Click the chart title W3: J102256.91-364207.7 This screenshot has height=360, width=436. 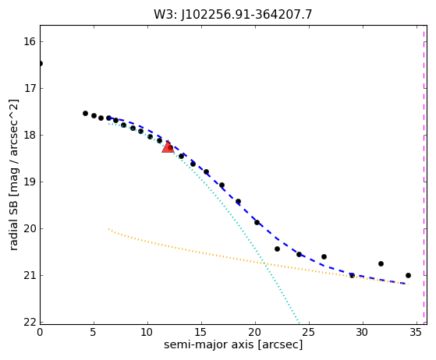pos(233,14)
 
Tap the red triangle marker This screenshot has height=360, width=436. pos(168,147)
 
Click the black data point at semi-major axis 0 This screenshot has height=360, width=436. pos(41,64)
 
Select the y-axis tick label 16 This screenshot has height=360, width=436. pos(30,41)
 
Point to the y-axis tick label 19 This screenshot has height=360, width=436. pos(30,182)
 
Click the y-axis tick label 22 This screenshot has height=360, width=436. pos(30,323)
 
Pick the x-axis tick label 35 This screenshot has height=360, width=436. pos(416,332)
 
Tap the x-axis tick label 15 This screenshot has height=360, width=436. pos(201,332)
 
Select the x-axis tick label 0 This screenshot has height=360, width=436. pos(40,332)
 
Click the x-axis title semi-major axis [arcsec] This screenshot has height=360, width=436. pos(233,344)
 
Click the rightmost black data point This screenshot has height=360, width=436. pos(408,276)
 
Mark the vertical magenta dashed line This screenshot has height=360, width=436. pos(424,175)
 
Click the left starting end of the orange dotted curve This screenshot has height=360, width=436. pos(108,229)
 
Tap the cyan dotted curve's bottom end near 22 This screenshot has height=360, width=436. pos(300,323)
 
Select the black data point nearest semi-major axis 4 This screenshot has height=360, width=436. pos(85,113)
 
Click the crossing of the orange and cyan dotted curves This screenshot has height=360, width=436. pos(264,263)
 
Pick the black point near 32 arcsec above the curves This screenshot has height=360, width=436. pos(381,263)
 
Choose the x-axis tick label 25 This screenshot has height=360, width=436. pos(309,332)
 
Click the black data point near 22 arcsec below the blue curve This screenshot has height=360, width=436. pos(277,249)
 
